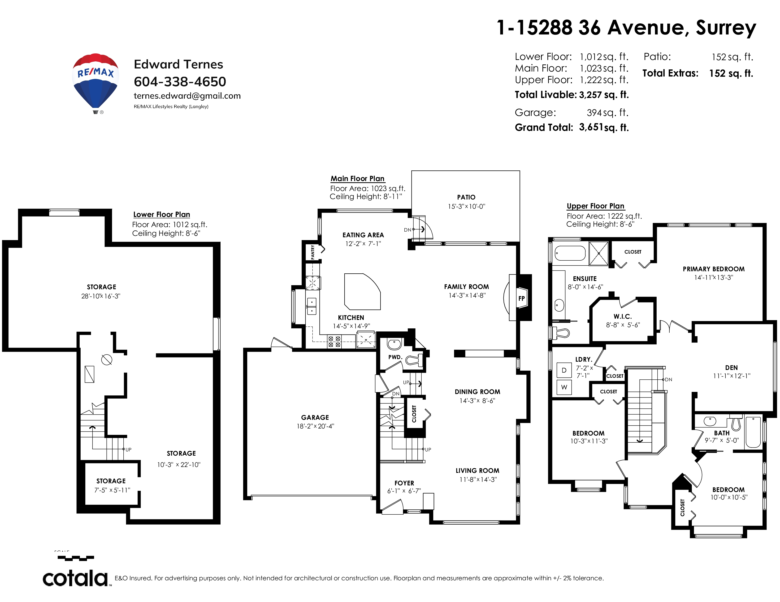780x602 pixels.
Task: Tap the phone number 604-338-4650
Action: point(180,82)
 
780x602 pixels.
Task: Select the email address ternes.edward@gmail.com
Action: point(187,96)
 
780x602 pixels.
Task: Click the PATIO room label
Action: point(466,197)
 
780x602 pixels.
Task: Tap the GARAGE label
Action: point(315,417)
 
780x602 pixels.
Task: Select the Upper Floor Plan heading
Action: point(595,206)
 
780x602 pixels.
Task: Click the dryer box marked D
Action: point(564,370)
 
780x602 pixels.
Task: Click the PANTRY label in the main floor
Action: point(313,252)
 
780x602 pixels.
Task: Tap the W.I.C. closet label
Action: point(623,316)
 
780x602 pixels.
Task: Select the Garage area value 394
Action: point(594,113)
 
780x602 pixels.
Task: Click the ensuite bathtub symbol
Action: point(570,254)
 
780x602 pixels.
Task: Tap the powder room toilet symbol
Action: point(414,360)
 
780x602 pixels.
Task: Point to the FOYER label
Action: point(404,483)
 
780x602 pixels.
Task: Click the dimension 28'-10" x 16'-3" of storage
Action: point(101,296)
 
